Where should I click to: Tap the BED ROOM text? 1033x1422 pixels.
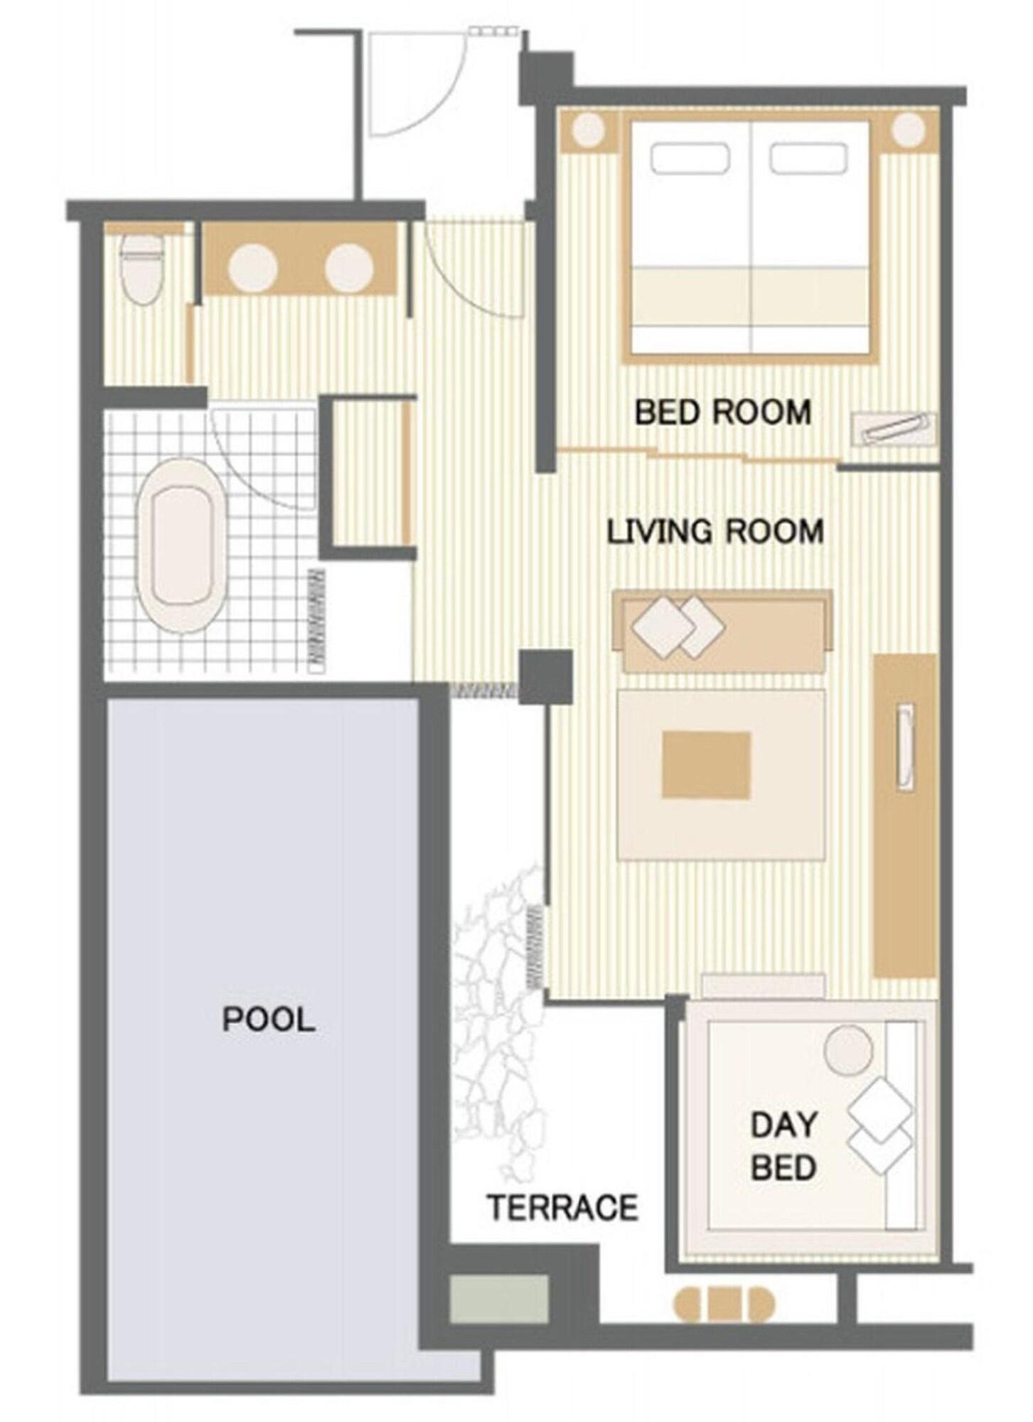[722, 412]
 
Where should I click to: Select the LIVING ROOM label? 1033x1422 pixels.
[715, 531]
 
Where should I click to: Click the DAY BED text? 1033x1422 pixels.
[783, 1145]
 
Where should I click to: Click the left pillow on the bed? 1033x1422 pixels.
[690, 159]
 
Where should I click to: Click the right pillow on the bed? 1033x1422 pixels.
[809, 159]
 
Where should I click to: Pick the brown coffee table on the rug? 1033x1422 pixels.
[706, 764]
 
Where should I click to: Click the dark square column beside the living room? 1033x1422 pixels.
[546, 676]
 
